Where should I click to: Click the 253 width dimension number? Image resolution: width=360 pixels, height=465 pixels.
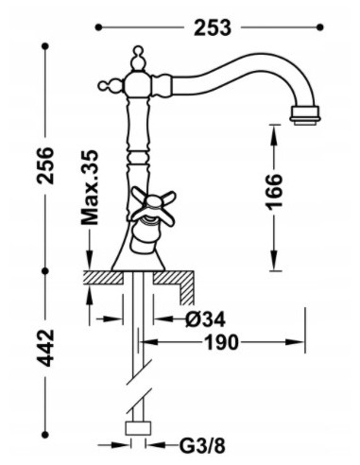tap(213, 27)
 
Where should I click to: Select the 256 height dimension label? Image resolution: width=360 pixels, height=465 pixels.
tap(45, 164)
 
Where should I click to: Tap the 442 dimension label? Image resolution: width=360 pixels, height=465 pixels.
tap(45, 348)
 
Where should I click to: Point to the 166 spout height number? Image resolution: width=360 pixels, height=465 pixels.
tap(274, 192)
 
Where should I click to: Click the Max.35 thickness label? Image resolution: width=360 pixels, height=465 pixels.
tap(90, 187)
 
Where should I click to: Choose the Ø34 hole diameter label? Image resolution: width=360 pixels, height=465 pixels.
tap(205, 319)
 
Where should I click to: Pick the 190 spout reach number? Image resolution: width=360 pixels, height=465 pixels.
tap(221, 342)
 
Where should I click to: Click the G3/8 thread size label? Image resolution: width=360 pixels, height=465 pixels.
tap(203, 446)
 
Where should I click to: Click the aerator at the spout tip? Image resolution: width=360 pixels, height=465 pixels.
tap(304, 114)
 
